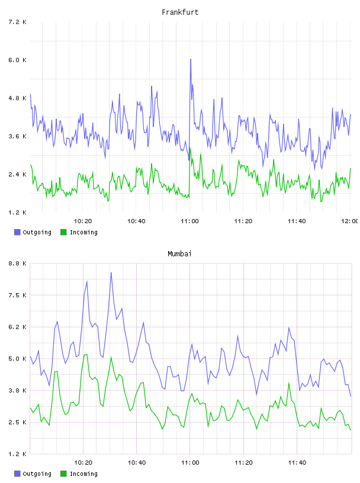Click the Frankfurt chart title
(180, 12)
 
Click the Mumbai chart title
(179, 254)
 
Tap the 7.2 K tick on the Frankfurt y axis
(18, 22)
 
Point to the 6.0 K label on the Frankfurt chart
(18, 60)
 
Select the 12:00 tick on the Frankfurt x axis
(350, 221)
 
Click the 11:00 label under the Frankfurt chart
(190, 221)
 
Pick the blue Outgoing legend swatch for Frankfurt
(17, 232)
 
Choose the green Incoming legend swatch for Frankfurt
(63, 232)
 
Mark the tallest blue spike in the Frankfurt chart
(191, 59)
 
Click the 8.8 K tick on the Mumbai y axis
(18, 263)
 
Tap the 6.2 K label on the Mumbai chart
(18, 327)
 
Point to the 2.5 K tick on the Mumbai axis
(18, 422)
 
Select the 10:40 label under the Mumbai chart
(137, 463)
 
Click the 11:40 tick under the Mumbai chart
(297, 463)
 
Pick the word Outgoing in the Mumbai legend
(37, 474)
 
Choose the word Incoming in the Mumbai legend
(83, 474)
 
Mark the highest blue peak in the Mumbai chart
(111, 273)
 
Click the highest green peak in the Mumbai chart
(86, 355)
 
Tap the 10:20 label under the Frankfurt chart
(83, 221)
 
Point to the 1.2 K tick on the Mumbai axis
(18, 454)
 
